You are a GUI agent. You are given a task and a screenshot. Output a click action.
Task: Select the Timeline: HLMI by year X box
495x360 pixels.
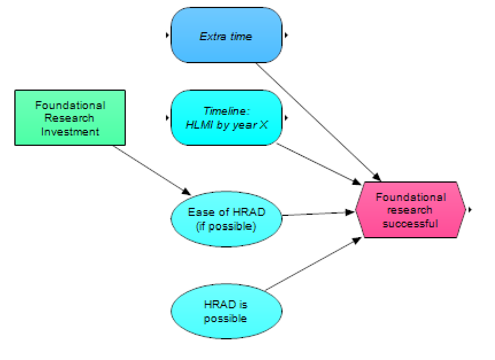click(x=226, y=118)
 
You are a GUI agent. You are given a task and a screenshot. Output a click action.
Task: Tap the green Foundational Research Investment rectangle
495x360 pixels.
click(x=70, y=118)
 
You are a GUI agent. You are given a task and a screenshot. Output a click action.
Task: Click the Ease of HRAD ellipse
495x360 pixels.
click(x=226, y=219)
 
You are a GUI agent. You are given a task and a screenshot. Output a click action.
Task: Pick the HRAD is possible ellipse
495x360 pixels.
click(x=226, y=311)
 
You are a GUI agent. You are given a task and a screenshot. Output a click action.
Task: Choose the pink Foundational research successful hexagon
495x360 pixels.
click(x=410, y=210)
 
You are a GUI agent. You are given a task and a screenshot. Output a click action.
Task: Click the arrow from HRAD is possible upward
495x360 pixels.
click(x=313, y=265)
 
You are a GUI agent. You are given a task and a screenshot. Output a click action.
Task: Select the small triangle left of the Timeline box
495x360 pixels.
click(x=167, y=118)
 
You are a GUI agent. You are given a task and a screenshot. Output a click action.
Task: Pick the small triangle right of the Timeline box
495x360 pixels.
click(x=287, y=118)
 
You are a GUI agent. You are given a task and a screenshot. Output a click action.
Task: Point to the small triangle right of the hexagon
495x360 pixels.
click(x=470, y=210)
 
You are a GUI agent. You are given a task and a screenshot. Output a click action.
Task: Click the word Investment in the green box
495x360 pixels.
click(x=70, y=131)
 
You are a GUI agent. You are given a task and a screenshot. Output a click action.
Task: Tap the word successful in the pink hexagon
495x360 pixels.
click(x=410, y=223)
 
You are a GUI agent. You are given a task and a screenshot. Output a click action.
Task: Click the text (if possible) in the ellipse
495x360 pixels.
click(x=226, y=226)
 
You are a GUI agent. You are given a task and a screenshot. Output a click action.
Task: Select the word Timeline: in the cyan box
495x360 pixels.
click(x=226, y=111)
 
